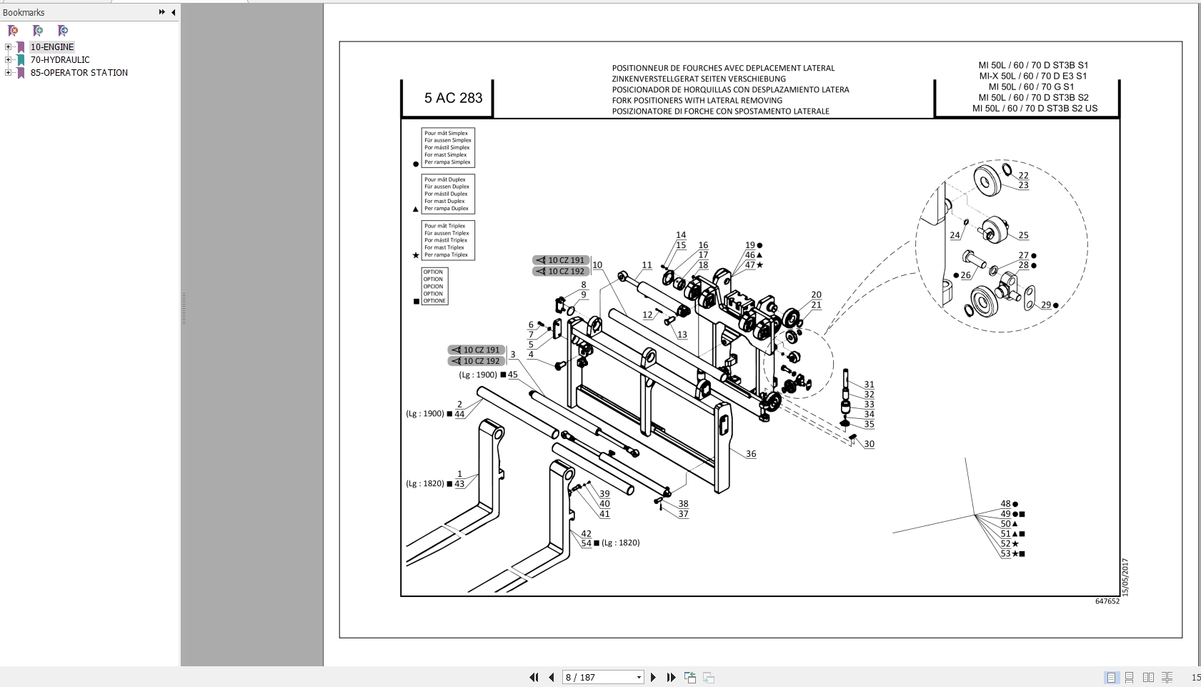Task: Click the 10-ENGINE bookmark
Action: (52, 47)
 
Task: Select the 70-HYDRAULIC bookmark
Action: (60, 60)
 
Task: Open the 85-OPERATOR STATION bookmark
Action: (79, 73)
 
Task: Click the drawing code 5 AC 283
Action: (453, 98)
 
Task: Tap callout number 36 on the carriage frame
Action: (751, 454)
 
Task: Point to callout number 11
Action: (647, 265)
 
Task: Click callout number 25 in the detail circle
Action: (1023, 235)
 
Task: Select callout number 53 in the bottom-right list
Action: (1005, 553)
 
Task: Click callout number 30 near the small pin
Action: (869, 444)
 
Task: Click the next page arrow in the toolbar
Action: (653, 677)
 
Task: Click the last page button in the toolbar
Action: (671, 677)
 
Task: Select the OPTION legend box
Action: (434, 286)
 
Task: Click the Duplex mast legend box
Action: (448, 194)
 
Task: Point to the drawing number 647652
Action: (1107, 601)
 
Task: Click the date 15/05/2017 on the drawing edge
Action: (1125, 577)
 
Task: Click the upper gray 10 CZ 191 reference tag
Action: (561, 260)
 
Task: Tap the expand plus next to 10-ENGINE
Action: (8, 47)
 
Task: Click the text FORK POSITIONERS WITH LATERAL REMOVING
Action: (697, 101)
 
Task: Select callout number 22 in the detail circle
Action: (1023, 175)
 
